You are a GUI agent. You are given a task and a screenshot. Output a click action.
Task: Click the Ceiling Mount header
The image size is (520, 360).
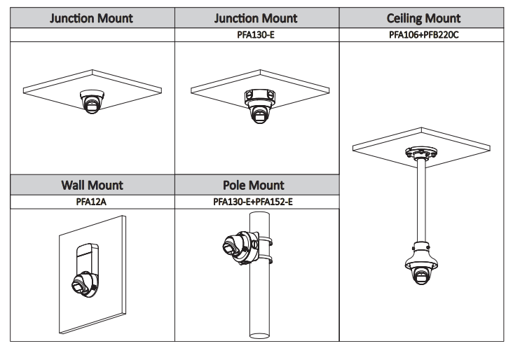[424, 18]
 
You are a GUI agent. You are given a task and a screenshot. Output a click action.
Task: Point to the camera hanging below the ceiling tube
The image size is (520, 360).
[423, 270]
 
